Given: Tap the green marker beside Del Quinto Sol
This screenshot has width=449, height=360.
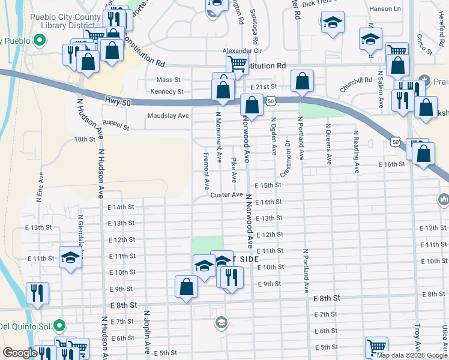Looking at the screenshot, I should click(x=59, y=326).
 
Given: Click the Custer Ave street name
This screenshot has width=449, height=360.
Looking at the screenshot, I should click(x=226, y=195).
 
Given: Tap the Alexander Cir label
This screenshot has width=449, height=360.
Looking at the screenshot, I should click(x=239, y=51).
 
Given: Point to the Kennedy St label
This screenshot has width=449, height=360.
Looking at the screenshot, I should click(x=167, y=92).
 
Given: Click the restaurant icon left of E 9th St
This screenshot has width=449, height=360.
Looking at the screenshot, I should click(x=37, y=293).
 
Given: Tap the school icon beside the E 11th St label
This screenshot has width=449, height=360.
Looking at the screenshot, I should click(x=71, y=259).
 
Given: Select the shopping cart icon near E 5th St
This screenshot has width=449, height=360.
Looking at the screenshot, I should click(x=376, y=347).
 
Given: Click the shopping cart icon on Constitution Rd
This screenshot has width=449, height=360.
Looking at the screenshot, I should click(x=237, y=63).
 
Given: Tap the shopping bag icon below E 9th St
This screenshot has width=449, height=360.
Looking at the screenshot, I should click(x=186, y=286).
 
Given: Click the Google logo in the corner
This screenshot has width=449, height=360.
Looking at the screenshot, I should click(x=20, y=353).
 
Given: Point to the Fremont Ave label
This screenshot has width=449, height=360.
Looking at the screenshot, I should click(x=206, y=172).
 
